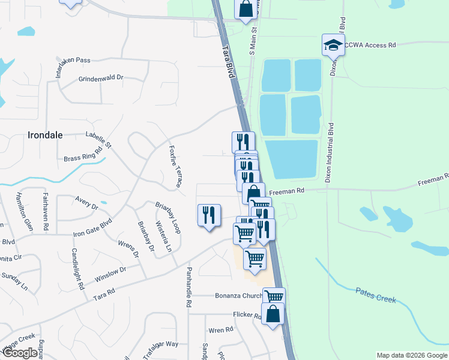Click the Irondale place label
46,135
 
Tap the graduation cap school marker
333,44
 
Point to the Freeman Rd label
288,191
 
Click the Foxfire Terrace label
175,165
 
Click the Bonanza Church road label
239,295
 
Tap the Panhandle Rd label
188,287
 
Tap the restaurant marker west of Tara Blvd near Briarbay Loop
209,215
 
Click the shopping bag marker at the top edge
245,9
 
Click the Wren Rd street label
220,330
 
